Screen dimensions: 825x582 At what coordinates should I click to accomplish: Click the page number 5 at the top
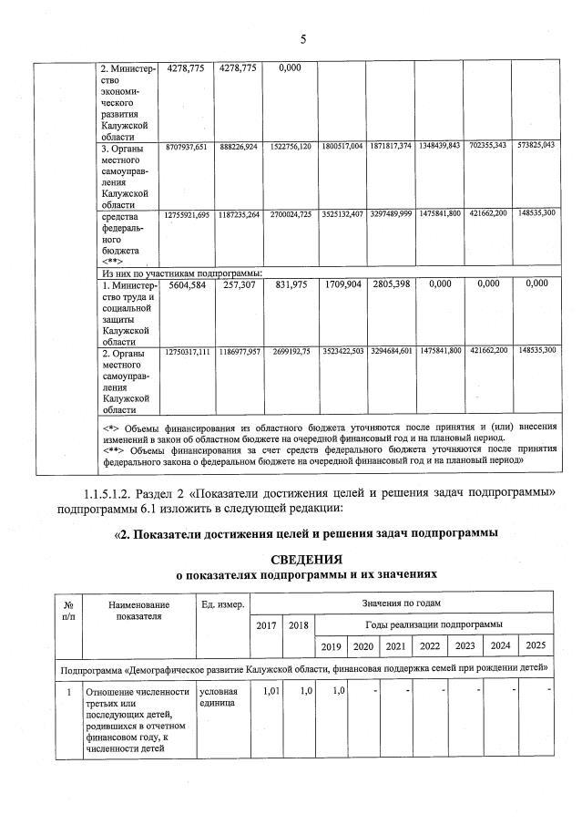pyautogui.click(x=301, y=38)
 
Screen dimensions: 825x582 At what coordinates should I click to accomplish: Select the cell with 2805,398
pyautogui.click(x=391, y=284)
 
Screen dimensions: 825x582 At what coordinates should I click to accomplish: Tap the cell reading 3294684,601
pyautogui.click(x=391, y=351)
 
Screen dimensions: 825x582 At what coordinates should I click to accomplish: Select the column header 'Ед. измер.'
pyautogui.click(x=221, y=604)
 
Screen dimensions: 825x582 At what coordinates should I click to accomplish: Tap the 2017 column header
pyautogui.click(x=265, y=625)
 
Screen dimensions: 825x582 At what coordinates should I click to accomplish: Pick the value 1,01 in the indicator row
pyautogui.click(x=270, y=690)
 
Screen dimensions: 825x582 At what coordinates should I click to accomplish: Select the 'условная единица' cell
pyautogui.click(x=217, y=697)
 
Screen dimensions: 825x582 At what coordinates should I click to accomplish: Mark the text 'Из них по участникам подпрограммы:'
pyautogui.click(x=181, y=272)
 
